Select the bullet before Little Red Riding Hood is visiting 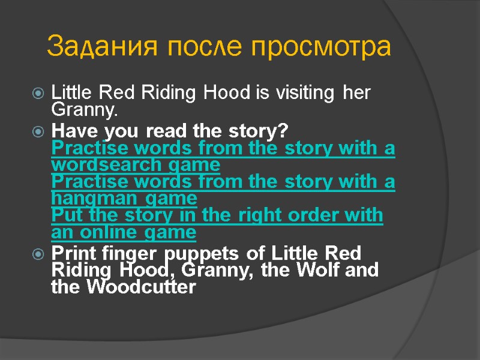(38, 94)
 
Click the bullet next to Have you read (38, 130)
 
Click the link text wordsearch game (136, 164)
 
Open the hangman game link (124, 198)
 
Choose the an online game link (124, 232)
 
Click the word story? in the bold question (257, 130)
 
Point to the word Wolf (328, 270)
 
